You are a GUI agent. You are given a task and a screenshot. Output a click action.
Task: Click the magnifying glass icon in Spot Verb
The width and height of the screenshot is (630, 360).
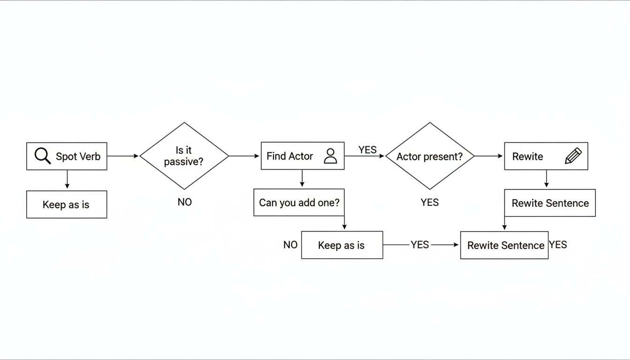coord(42,156)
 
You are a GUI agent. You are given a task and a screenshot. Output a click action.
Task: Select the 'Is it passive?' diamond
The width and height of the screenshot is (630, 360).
coord(184,156)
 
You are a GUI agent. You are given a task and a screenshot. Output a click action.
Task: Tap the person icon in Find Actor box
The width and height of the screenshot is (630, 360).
coord(330,156)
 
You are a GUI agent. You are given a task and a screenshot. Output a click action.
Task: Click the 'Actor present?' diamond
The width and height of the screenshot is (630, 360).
coord(429,156)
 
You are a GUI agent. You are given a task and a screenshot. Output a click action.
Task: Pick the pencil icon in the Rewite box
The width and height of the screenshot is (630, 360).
coord(573,156)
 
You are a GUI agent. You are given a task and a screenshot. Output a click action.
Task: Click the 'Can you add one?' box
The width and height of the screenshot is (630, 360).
coord(299,202)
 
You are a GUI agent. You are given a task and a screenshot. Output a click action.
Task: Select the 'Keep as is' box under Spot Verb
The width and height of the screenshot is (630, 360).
coord(66,204)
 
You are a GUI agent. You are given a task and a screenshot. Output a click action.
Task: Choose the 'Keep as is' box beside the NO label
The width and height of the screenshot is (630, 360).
coord(342,245)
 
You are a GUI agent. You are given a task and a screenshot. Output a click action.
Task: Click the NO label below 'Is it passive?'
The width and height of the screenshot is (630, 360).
coord(185,202)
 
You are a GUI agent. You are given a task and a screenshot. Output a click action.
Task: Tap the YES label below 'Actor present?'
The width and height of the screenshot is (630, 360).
coord(429,202)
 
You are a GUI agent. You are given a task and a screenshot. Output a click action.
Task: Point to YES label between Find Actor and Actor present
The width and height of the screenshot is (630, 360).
coord(367,150)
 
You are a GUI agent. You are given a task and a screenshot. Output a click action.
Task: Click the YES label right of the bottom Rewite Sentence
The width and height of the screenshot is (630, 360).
coord(558,244)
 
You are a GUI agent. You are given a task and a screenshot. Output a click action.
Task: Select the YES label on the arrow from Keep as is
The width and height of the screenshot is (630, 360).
coord(420,245)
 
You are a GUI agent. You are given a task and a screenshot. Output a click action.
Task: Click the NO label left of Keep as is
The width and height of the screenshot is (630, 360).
coord(291,245)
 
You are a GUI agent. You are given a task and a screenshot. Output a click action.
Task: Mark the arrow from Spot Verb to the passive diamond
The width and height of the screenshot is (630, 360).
coord(123,156)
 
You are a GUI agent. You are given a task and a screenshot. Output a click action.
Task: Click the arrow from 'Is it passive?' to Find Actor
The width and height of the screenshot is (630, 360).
coord(244,156)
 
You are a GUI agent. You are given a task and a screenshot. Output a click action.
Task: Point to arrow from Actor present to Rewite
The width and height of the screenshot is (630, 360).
coord(488,156)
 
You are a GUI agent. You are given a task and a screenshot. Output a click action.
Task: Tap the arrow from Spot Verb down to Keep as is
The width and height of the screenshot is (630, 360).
coord(67,180)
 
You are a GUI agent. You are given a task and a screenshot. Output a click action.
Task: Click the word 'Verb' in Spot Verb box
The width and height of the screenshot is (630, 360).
coord(91,157)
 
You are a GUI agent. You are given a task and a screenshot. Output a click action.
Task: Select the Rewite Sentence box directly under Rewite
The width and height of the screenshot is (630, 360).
coord(550,203)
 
